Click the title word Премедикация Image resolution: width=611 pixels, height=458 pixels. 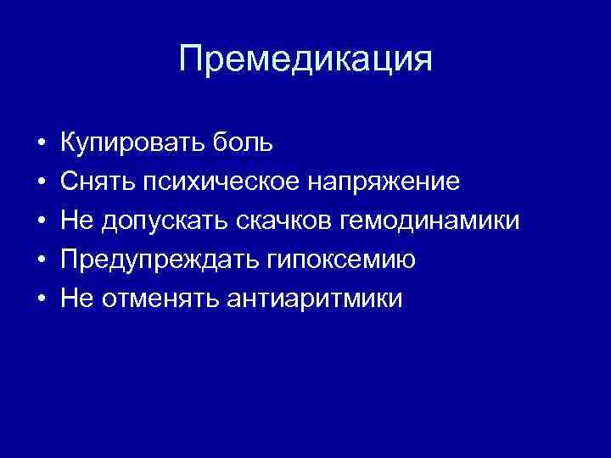[305, 60]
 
